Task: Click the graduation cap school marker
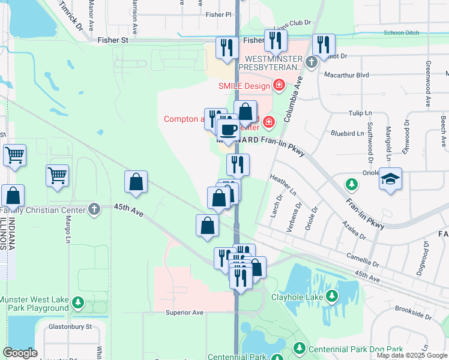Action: pyautogui.click(x=390, y=179)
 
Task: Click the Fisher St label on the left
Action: pyautogui.click(x=113, y=40)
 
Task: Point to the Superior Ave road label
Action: pyautogui.click(x=185, y=313)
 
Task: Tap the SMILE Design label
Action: pyautogui.click(x=244, y=86)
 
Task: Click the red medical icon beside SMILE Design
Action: pyautogui.click(x=279, y=86)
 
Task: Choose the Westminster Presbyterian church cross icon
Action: pyautogui.click(x=311, y=62)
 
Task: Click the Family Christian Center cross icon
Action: pyautogui.click(x=93, y=209)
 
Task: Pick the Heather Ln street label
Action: pyautogui.click(x=283, y=185)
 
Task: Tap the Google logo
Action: pyautogui.click(x=20, y=353)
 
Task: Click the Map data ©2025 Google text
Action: pyautogui.click(x=411, y=355)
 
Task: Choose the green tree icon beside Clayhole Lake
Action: pyautogui.click(x=333, y=296)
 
